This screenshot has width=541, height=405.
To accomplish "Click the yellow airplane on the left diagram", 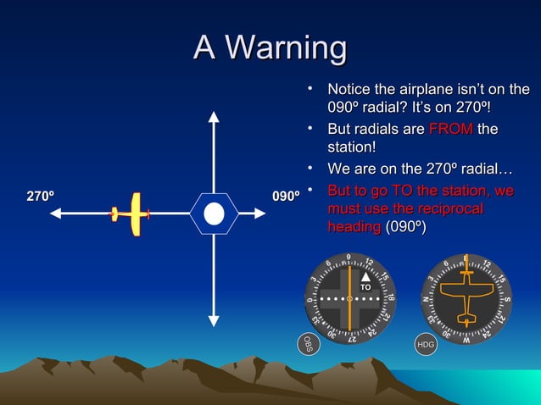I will (131, 213).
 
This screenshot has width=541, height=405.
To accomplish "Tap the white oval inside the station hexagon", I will (214, 213).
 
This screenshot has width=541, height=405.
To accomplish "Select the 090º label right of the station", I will (286, 197).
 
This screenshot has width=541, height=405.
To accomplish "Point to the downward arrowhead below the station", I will (213, 319).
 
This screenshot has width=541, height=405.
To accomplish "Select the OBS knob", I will (309, 344).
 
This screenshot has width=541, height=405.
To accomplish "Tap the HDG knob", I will (425, 345).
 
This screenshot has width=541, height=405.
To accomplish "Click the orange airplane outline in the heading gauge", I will (466, 298).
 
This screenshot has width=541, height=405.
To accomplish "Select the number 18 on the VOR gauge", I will (391, 298).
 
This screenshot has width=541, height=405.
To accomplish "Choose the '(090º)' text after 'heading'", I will (408, 227).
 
